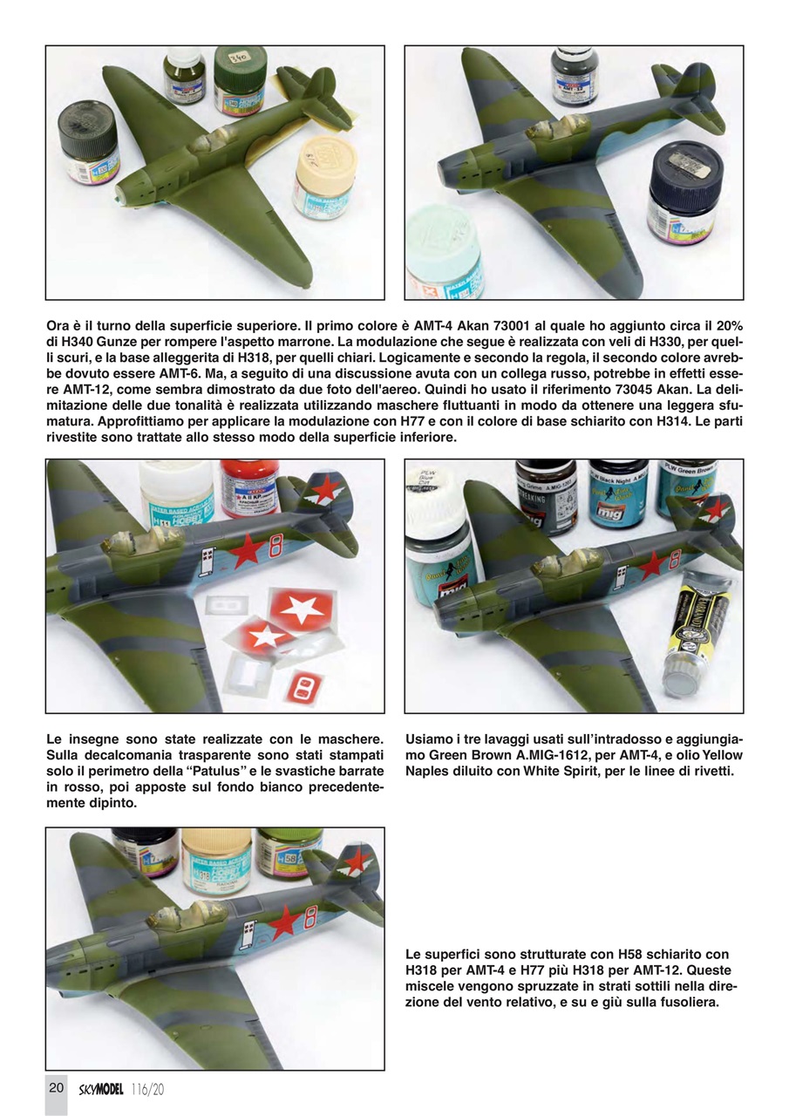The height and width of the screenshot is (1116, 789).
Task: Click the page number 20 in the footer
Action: pos(56,1088)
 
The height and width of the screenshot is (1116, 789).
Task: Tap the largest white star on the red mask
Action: pos(301,608)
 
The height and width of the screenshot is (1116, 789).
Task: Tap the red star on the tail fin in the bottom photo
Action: pos(357,861)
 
